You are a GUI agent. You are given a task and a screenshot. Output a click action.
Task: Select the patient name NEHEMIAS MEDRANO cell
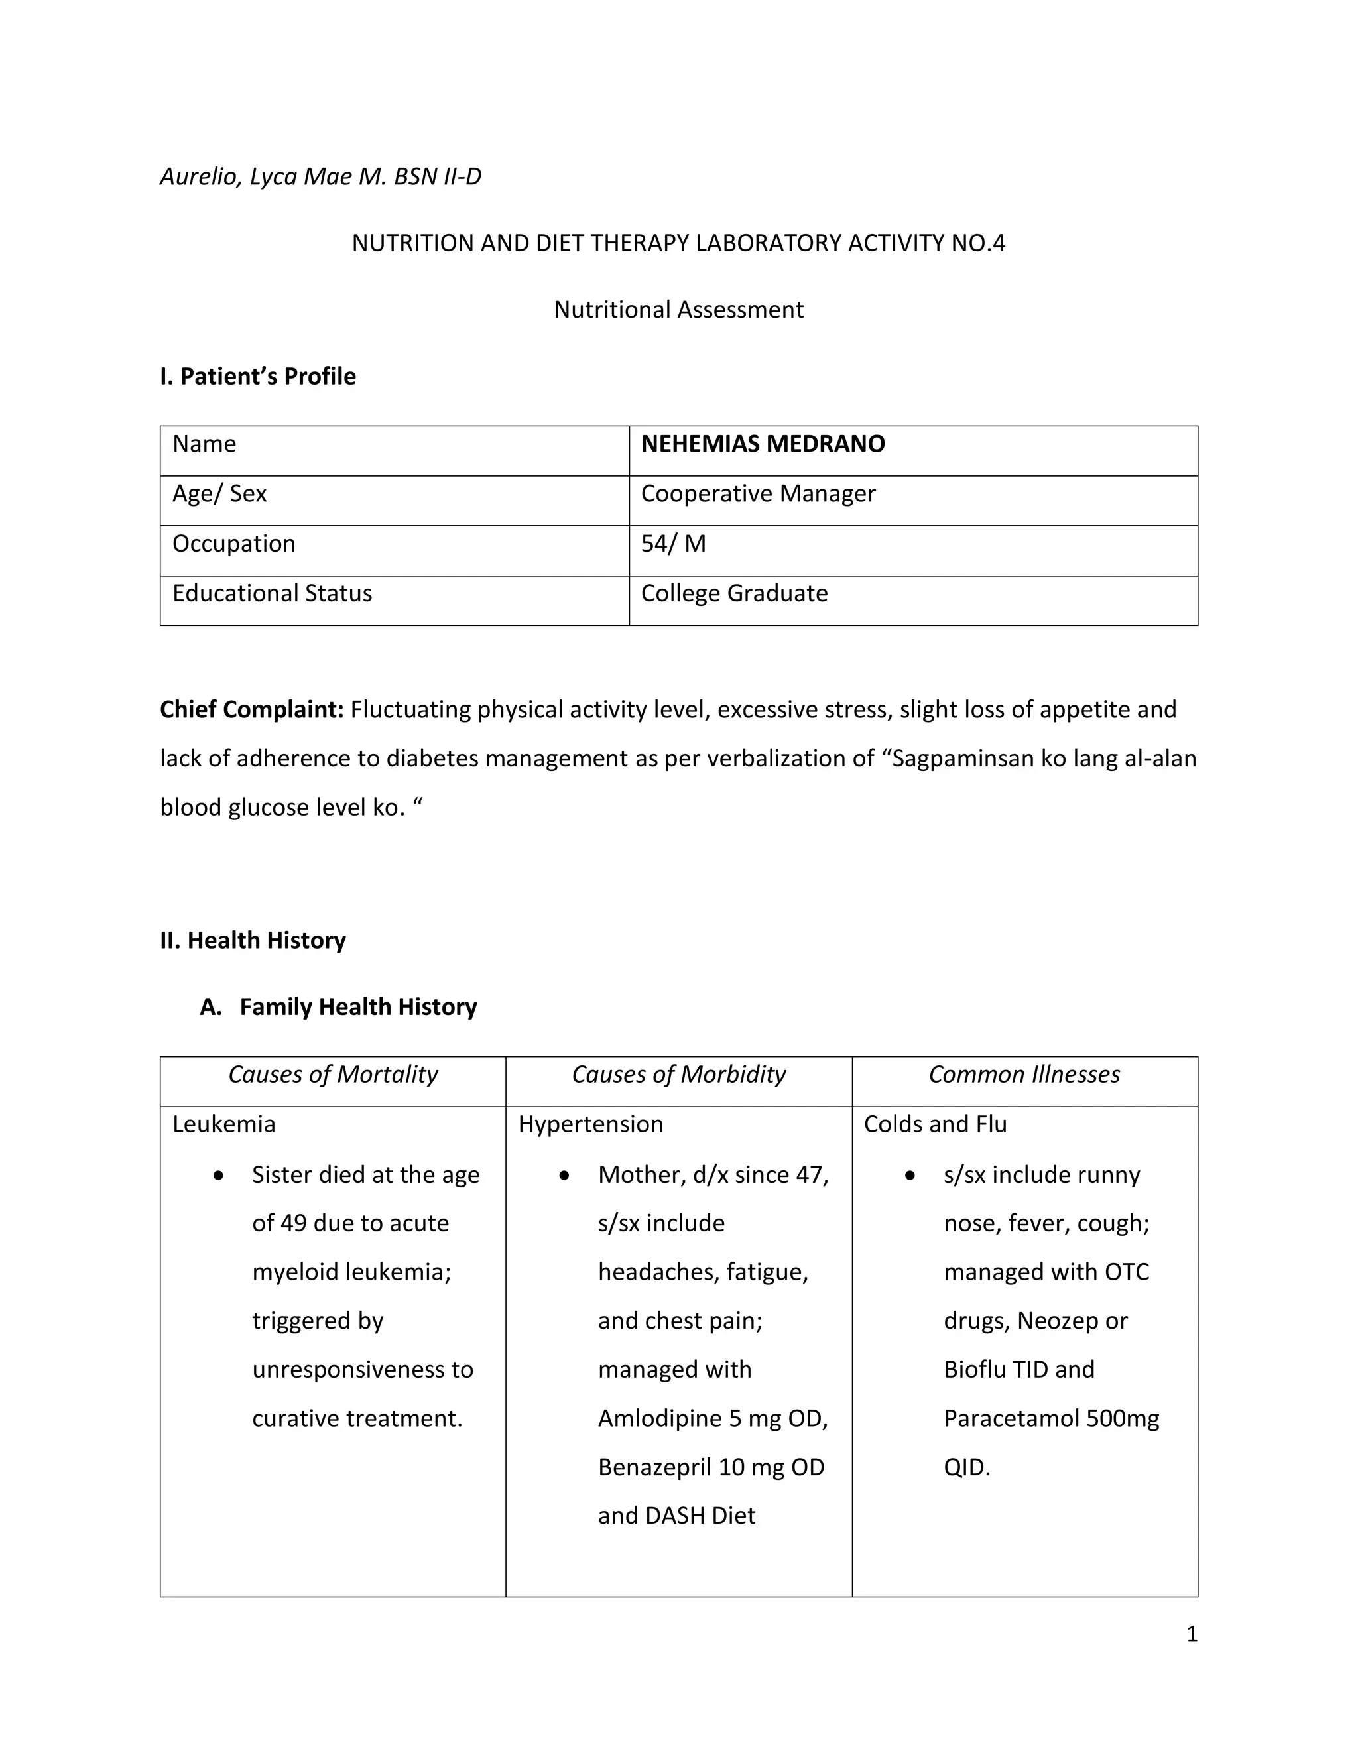pos(762,444)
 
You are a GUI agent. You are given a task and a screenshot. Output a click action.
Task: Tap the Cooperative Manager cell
pos(757,494)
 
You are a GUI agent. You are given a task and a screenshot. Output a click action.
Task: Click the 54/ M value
pos(672,544)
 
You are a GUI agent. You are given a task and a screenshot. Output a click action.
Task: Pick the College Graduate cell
pos(734,593)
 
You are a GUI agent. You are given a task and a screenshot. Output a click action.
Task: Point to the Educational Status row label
pos(272,593)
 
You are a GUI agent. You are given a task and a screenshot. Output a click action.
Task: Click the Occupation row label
pos(233,544)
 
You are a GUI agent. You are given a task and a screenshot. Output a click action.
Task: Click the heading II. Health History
pos(253,939)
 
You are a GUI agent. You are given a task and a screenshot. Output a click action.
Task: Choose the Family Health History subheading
pos(358,1006)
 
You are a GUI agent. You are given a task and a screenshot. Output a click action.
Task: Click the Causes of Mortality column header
pos(332,1074)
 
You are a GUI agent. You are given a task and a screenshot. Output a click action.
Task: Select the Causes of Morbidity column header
pos(678,1074)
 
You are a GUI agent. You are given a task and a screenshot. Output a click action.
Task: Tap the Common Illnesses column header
pos(1023,1074)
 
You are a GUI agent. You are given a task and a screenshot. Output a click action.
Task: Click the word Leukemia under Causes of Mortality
pos(223,1124)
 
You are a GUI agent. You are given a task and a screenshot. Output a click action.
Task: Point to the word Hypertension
pos(591,1124)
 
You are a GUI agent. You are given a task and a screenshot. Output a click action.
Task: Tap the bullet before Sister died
pos(219,1176)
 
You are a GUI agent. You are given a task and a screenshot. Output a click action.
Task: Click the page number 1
pos(1192,1634)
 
